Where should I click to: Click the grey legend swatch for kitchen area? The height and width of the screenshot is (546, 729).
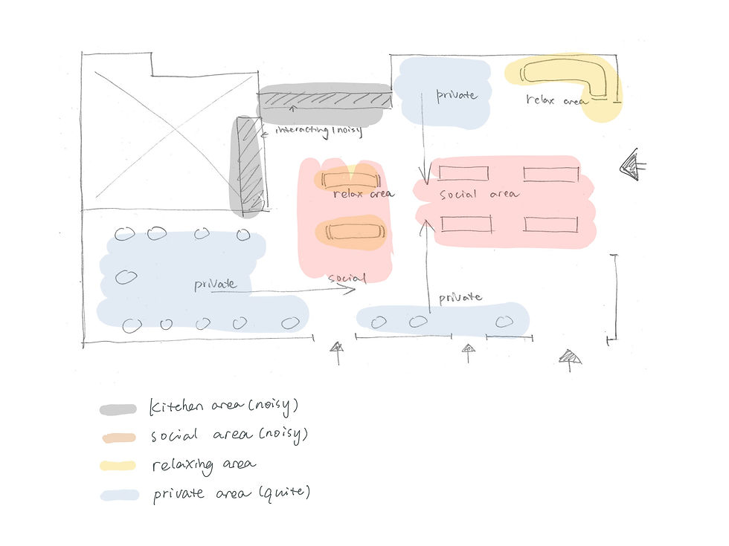coord(118,409)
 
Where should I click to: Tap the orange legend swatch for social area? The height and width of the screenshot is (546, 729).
coord(118,438)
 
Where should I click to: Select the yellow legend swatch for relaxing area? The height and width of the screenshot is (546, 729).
coord(118,466)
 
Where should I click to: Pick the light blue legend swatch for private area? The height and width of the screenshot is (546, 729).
coord(119,495)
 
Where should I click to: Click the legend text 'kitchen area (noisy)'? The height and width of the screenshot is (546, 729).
coord(224,406)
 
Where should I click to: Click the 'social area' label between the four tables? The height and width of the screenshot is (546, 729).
coord(479,195)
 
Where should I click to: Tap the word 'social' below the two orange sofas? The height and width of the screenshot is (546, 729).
coord(347,279)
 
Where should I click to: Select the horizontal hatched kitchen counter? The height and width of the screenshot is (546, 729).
coord(325,99)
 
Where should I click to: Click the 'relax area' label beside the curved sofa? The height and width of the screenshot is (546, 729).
coord(556,100)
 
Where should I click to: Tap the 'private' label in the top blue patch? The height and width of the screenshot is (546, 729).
coord(456,95)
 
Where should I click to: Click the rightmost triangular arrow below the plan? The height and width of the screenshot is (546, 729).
coord(571,360)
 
